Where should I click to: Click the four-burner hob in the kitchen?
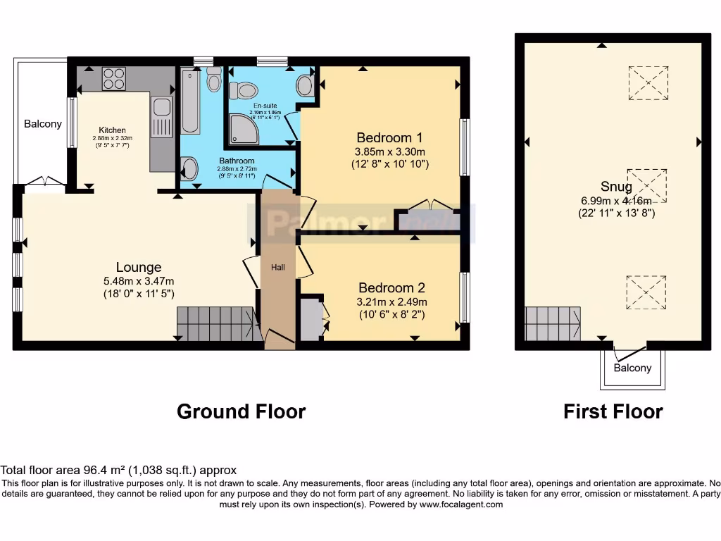click(113, 79)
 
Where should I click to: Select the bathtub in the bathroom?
click(190, 101)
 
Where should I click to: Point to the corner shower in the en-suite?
click(244, 130)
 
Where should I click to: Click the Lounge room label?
click(139, 267)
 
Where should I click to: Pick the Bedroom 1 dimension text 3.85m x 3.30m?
click(390, 151)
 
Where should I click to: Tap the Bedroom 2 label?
click(391, 287)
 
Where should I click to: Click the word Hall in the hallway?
click(278, 267)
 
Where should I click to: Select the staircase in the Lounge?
click(214, 324)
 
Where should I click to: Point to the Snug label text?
click(616, 187)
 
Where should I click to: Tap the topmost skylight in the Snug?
click(648, 83)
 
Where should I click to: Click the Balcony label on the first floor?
click(632, 368)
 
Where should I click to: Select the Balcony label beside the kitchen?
click(43, 124)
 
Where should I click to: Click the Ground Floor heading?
click(241, 411)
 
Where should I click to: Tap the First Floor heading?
click(613, 411)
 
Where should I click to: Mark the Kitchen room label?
click(112, 130)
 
